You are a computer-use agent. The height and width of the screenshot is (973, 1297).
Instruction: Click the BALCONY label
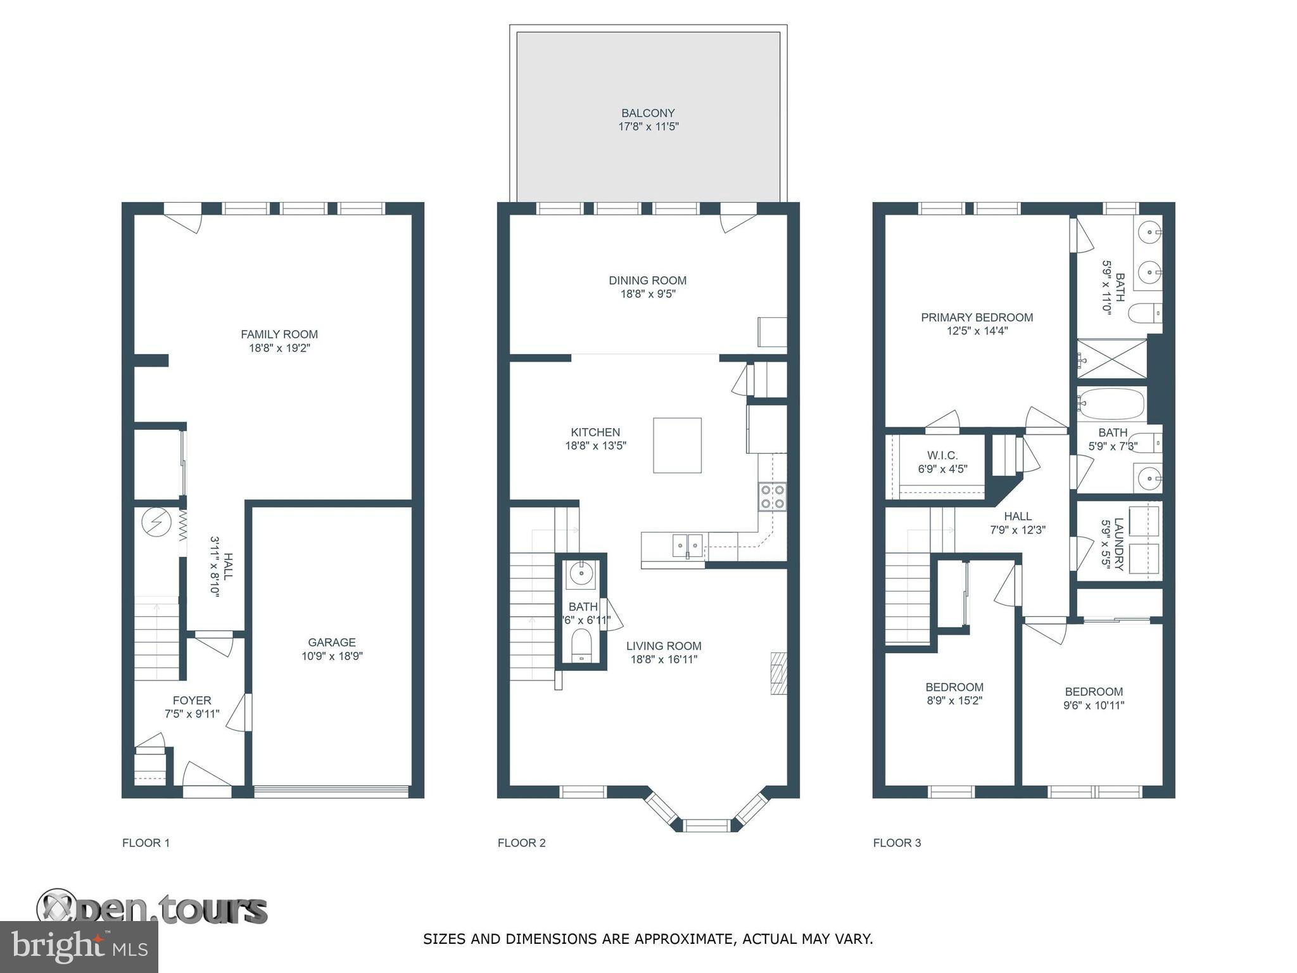point(648,113)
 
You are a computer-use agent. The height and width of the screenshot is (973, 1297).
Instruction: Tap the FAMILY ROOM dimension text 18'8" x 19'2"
point(279,348)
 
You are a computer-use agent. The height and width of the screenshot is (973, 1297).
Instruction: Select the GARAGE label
point(332,642)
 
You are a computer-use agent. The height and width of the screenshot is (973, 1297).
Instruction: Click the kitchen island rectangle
point(677,445)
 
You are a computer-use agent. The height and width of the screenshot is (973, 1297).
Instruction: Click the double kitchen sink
point(687,545)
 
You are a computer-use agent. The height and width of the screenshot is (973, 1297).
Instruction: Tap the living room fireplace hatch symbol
point(778,673)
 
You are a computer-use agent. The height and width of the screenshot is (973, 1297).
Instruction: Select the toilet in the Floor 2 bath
point(581,646)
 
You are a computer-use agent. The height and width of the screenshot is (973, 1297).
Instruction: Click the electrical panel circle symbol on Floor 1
point(156,523)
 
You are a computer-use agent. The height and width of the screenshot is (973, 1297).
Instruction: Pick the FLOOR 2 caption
point(521,843)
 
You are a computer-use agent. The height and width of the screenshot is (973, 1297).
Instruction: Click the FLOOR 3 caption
point(897,843)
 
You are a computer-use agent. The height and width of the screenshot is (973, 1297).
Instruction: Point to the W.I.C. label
point(942,455)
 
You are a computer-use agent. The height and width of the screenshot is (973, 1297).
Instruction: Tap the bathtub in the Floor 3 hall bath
point(1111,404)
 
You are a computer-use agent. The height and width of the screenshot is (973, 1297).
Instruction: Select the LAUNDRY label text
point(1119,544)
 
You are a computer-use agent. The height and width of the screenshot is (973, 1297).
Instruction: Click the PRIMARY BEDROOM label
point(977,317)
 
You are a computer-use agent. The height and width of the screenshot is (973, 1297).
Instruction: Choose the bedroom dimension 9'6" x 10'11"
point(1094,705)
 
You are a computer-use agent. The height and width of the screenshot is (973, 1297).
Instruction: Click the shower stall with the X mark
point(1112,359)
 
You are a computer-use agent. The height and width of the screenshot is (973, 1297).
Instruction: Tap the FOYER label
point(192,701)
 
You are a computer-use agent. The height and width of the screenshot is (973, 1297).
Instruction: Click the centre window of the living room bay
point(707,825)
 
